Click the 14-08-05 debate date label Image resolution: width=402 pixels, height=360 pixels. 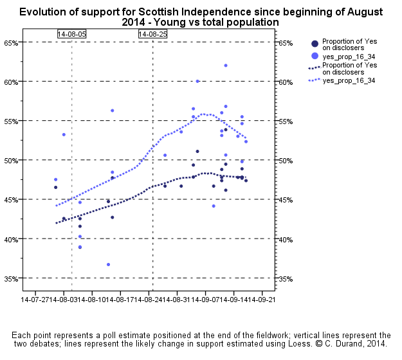coord(71,33)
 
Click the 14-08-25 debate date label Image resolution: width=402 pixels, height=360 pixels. coord(152,33)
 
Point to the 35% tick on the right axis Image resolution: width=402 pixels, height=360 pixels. coord(286,279)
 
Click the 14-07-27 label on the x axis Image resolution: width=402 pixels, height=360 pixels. coord(35,300)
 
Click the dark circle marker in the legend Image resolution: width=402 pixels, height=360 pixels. coord(314,44)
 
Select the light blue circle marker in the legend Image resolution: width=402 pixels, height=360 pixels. coord(314,56)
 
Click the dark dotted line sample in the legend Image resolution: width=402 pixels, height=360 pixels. coord(314,67)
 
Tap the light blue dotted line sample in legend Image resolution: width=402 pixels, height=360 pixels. coord(314,80)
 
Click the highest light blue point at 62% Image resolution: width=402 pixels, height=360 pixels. coord(226,66)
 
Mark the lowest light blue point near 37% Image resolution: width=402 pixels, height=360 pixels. coord(108,264)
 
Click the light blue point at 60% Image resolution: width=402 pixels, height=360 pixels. coord(197,81)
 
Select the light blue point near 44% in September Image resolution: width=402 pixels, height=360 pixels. coord(214,206)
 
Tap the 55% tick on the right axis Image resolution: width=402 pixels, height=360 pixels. coord(286,122)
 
